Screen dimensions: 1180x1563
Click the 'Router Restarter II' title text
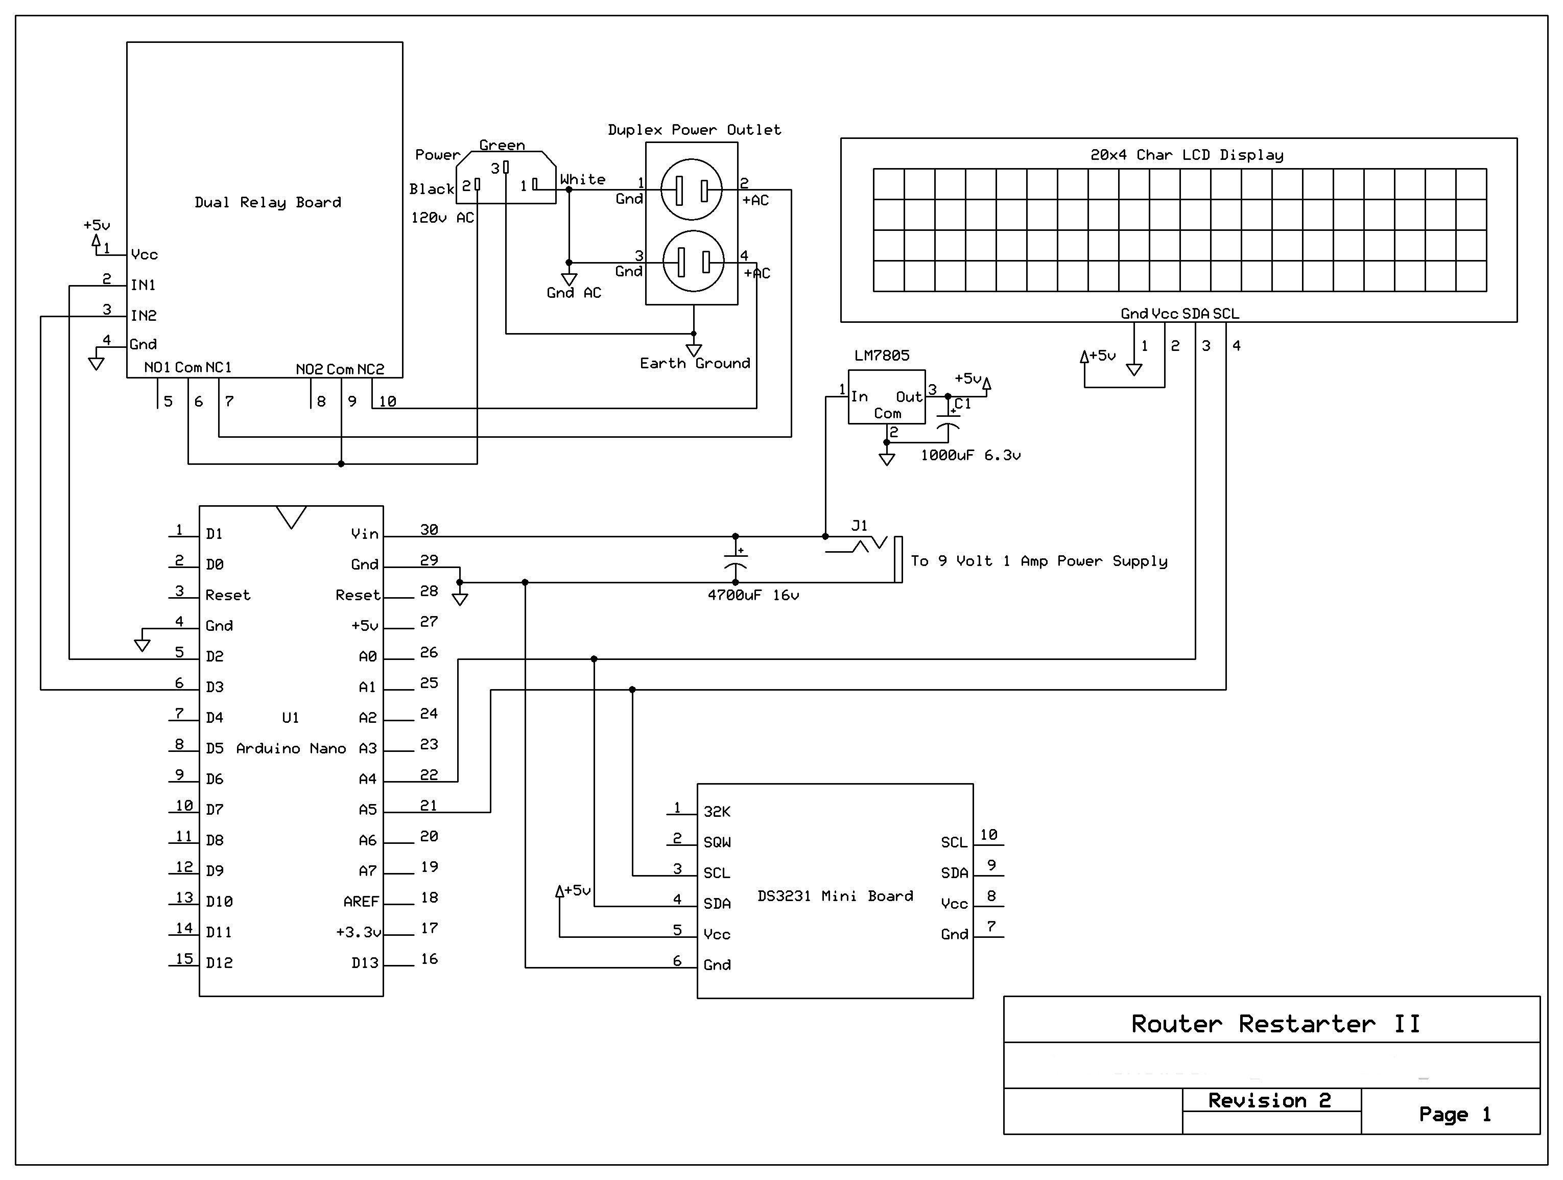(1275, 1024)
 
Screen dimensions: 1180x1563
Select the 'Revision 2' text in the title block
(1269, 1100)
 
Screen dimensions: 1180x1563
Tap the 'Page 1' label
(1454, 1114)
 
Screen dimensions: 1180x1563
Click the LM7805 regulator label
(882, 356)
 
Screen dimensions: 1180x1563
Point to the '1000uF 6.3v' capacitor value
(970, 455)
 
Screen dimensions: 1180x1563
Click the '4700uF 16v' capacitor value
(753, 595)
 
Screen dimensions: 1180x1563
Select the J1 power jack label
(859, 525)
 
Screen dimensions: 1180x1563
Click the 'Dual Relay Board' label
(268, 202)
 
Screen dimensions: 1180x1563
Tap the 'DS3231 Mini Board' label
(835, 896)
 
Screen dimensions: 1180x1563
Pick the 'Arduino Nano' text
(291, 748)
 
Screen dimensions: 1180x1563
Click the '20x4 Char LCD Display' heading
(1187, 155)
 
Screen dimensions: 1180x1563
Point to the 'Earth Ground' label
(695, 363)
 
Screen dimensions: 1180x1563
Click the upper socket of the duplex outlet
(691, 190)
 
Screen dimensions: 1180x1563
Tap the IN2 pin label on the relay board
(144, 315)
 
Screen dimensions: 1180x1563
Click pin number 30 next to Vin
(429, 529)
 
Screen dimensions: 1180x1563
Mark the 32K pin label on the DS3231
(717, 812)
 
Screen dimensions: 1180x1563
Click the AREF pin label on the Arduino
(361, 902)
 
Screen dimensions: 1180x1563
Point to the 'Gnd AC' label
(574, 293)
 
